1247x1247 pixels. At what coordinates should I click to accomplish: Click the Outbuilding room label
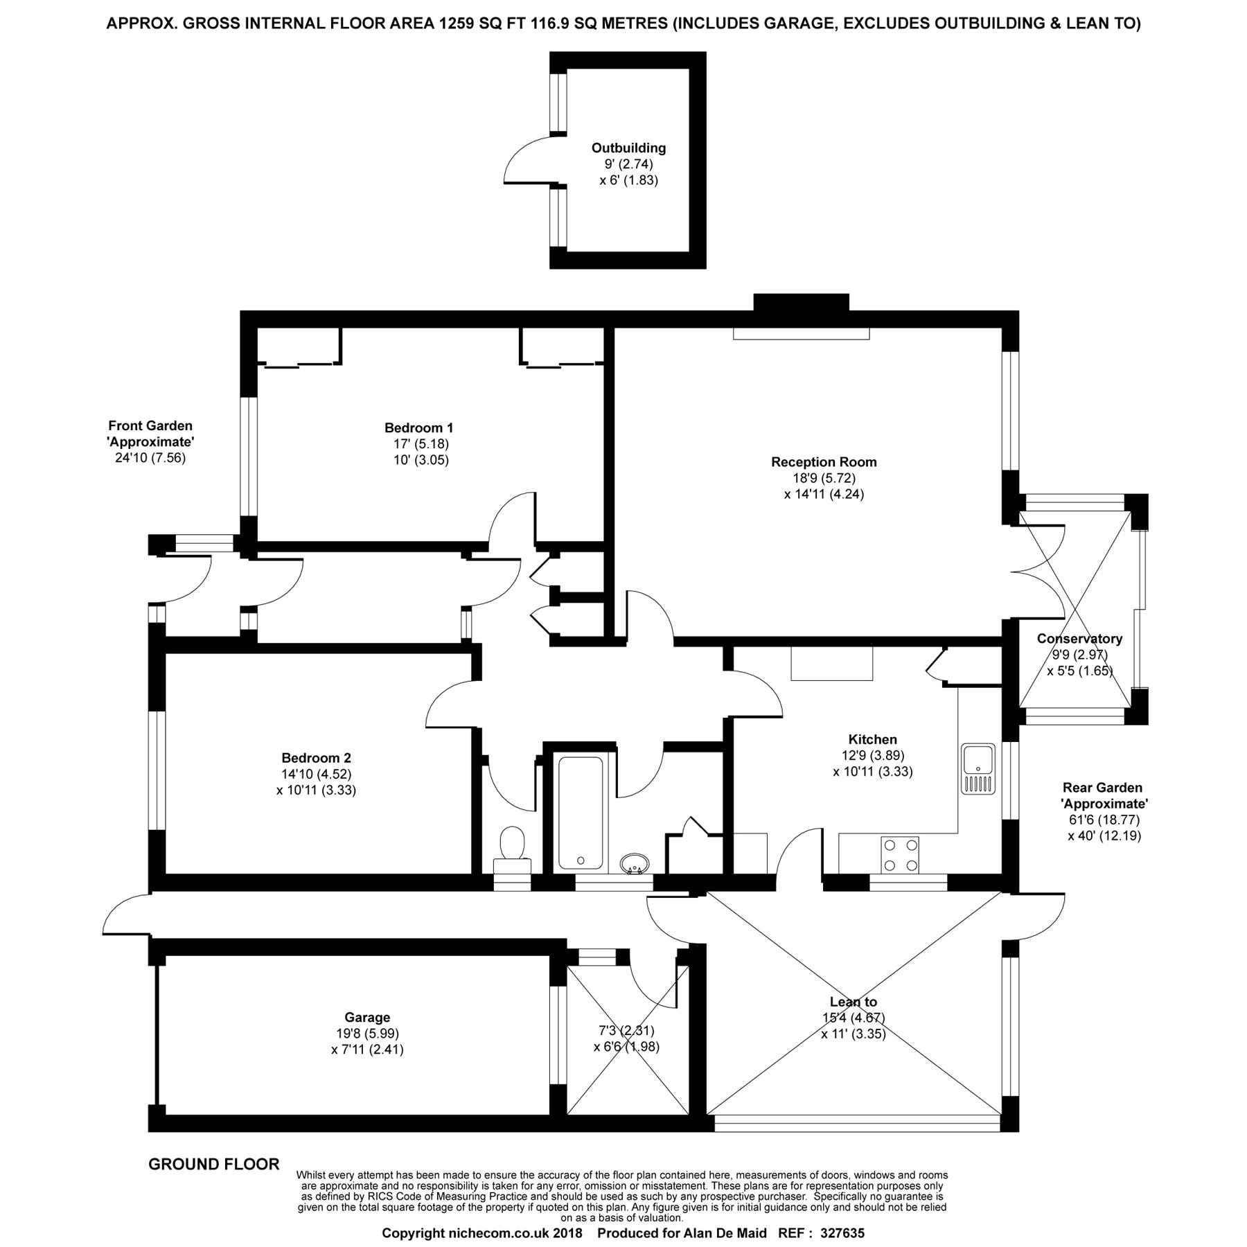pos(628,148)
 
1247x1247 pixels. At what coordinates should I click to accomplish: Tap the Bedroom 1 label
pos(418,427)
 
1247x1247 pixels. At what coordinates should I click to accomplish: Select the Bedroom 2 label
pos(316,758)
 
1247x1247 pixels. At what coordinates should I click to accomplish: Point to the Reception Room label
pos(824,462)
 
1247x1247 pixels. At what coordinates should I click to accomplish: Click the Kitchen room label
pos(872,740)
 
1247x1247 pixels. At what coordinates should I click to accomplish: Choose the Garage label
pos(367,1018)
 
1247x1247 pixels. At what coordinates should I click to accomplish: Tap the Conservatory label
pos(1079,639)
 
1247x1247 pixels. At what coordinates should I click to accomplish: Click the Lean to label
pos(854,1002)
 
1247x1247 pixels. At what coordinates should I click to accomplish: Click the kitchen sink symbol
pos(978,769)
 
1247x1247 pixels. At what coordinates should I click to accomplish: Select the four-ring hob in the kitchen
pos(900,855)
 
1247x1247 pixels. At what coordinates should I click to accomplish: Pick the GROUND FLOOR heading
pos(214,1165)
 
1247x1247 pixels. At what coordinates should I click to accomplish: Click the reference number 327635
pos(842,1233)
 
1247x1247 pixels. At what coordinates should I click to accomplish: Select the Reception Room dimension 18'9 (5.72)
pos(824,478)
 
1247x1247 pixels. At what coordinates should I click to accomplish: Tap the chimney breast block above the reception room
pos(801,303)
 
